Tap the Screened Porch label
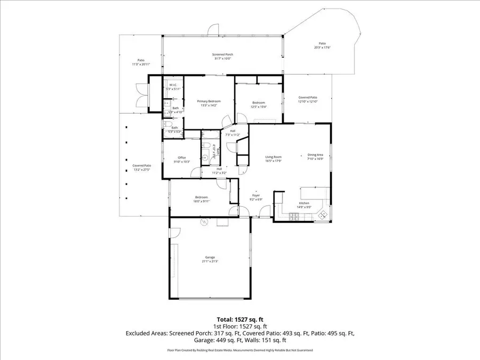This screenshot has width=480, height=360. [223, 54]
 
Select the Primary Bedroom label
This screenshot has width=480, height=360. [209, 101]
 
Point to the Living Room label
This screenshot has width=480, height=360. [274, 156]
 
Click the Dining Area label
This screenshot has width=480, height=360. [315, 155]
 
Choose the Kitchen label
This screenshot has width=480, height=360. [303, 204]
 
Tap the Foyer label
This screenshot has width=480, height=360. [256, 196]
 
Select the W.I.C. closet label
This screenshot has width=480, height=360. [173, 85]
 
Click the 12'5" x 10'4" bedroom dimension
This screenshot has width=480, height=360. [259, 107]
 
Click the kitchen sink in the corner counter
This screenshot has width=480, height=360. [323, 214]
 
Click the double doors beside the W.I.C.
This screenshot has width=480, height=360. [141, 97]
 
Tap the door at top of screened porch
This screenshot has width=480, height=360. [213, 29]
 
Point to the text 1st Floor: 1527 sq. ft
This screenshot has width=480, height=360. [239, 326]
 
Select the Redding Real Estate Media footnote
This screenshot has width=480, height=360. [239, 350]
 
